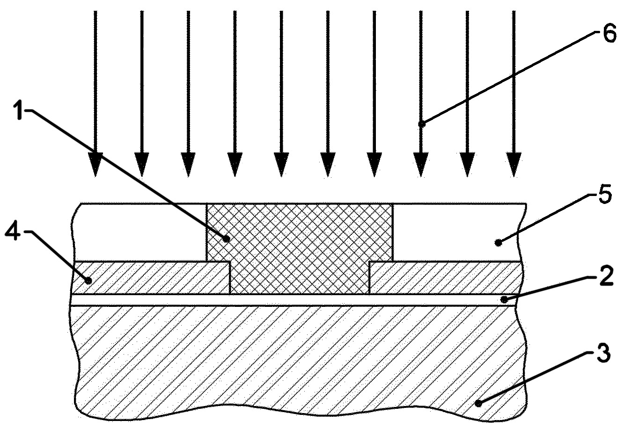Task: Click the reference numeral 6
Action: pos(609,35)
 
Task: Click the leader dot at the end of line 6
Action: pos(422,124)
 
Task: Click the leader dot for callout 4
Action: pos(88,281)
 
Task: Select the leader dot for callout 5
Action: pos(499,243)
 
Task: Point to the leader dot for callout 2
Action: pos(504,300)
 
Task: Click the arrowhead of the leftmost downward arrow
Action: pos(95,165)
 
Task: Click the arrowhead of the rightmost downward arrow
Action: pos(514,165)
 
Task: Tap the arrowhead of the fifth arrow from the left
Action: pos(281,165)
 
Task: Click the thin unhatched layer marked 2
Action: pos(293,300)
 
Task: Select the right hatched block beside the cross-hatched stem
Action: pos(445,277)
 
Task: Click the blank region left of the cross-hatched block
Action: pos(141,232)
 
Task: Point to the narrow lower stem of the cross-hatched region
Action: pos(300,277)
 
